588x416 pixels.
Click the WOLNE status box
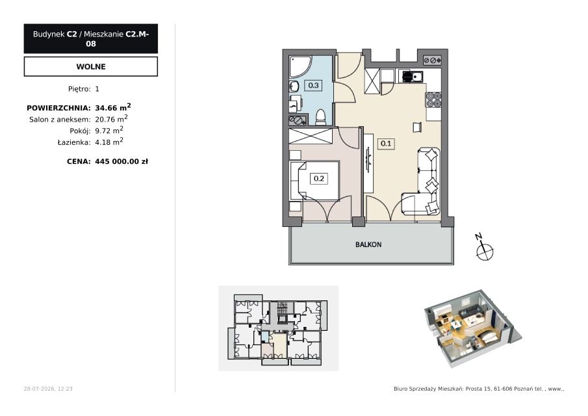[x=91, y=66]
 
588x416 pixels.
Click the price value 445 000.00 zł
[x=121, y=162]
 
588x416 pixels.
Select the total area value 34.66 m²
[x=113, y=108]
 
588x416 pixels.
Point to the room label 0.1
[x=386, y=144]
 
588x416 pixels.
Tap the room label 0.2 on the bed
[x=319, y=179]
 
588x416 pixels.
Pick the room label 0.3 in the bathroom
[x=313, y=86]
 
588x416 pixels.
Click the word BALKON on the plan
[x=368, y=244]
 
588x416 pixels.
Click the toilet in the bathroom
[x=320, y=116]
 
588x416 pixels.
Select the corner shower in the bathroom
[x=300, y=67]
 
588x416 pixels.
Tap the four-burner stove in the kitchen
[x=433, y=100]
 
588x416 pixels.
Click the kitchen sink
[x=413, y=77]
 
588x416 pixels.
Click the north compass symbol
[x=484, y=248]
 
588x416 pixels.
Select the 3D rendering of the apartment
[x=472, y=329]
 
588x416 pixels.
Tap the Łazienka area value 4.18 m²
[x=109, y=142]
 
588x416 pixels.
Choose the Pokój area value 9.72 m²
[x=109, y=130]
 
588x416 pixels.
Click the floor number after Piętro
[x=97, y=89]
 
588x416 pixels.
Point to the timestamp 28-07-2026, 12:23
[x=48, y=389]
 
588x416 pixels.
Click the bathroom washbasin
[x=294, y=86]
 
